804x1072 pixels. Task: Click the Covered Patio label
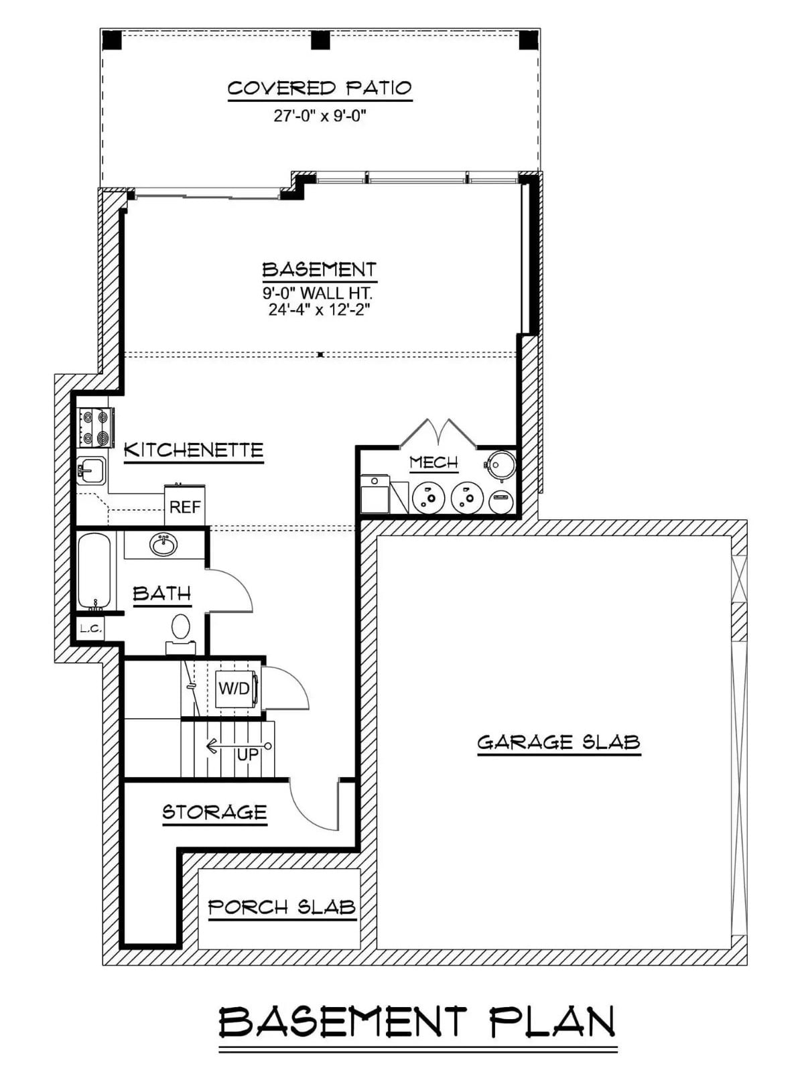320,88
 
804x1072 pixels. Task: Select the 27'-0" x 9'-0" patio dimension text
320,116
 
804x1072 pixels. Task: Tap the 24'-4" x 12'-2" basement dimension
320,310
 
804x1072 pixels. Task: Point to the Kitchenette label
194,450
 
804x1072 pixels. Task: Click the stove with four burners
94,427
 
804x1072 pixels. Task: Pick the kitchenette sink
90,470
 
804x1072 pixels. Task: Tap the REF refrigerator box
185,507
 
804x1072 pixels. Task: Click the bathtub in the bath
94,570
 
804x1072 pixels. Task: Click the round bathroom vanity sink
163,545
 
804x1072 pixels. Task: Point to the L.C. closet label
90,628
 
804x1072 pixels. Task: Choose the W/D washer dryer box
234,688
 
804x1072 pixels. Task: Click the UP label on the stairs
248,754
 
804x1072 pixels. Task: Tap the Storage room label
214,813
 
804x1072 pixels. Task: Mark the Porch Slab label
281,907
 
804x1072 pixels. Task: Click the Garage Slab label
559,742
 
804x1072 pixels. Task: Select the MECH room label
433,462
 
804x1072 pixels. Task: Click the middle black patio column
320,40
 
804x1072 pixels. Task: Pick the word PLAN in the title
552,1022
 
